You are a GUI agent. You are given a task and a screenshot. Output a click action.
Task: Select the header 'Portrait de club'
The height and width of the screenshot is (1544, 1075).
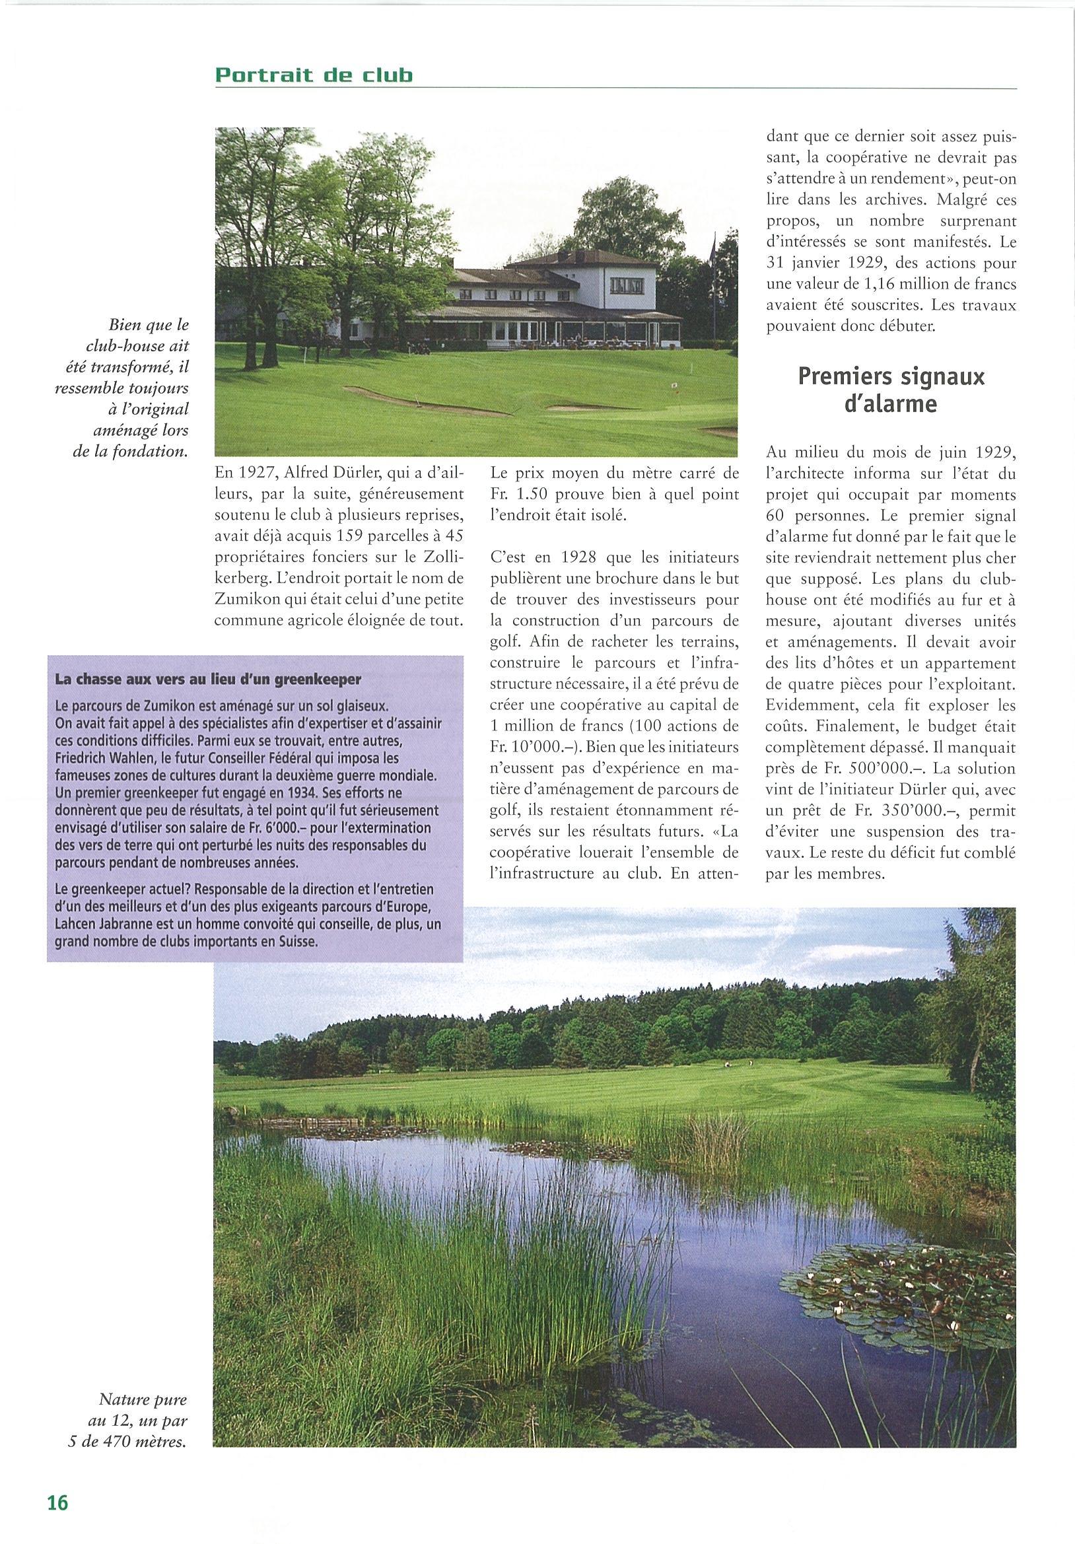point(314,75)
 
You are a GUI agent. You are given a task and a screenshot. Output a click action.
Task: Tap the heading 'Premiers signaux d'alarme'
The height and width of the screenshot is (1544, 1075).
point(891,391)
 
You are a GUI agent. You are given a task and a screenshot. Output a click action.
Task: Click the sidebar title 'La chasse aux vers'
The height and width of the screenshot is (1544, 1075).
point(208,679)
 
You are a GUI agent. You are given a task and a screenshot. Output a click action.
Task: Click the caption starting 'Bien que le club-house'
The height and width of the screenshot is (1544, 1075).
point(132,388)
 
